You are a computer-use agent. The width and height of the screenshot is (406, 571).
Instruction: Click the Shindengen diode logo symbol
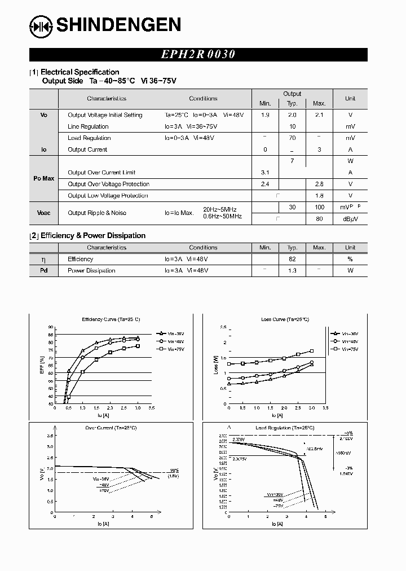[x=41, y=25]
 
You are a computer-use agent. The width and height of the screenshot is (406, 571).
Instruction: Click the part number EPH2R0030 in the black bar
[x=198, y=55]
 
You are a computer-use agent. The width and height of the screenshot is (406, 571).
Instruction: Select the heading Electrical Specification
[x=80, y=72]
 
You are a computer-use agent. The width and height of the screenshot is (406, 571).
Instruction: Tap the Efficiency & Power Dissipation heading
[x=93, y=235]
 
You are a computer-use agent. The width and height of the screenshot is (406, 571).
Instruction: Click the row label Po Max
[x=44, y=178]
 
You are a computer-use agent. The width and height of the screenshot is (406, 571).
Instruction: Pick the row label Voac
[x=44, y=213]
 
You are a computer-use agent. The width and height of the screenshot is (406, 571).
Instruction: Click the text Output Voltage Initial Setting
[x=105, y=115]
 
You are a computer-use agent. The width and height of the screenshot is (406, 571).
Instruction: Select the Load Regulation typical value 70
[x=292, y=138]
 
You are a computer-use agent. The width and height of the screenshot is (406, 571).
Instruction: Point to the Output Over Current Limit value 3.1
[x=265, y=173]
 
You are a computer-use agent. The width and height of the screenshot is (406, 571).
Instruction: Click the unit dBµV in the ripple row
[x=350, y=219]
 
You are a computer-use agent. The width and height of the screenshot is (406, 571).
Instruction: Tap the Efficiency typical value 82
[x=292, y=259]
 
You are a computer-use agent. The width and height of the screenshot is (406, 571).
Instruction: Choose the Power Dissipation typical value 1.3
[x=292, y=271]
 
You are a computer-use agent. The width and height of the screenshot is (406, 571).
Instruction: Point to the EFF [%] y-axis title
[x=42, y=365]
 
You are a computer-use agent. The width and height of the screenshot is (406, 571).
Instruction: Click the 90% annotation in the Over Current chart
[x=174, y=470]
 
